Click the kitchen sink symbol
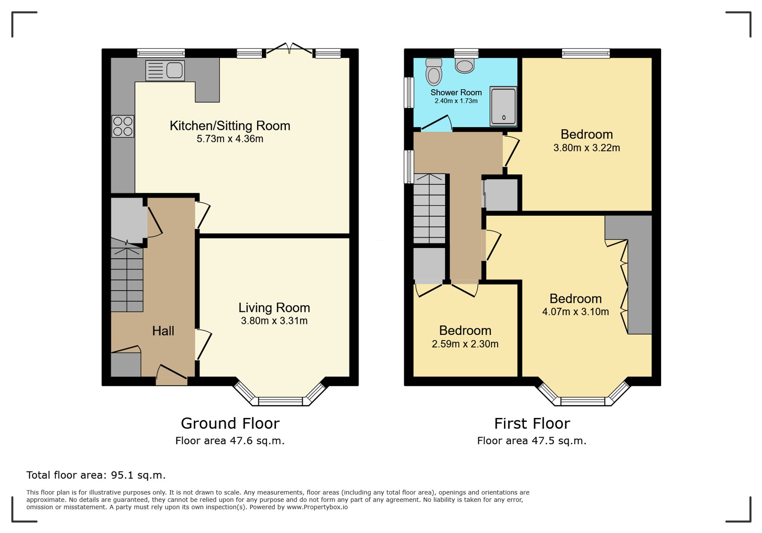pyautogui.click(x=165, y=70)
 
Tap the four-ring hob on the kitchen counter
pyautogui.click(x=123, y=126)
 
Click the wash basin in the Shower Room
pyautogui.click(x=464, y=66)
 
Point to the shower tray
pyautogui.click(x=503, y=106)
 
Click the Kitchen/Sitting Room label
pyautogui.click(x=230, y=126)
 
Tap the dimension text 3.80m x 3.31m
pyautogui.click(x=274, y=321)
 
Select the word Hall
pyautogui.click(x=163, y=331)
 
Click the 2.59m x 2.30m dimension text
pyautogui.click(x=465, y=344)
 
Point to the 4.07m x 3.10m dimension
pyautogui.click(x=575, y=312)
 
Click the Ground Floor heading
pyautogui.click(x=230, y=423)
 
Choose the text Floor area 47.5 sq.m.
pyautogui.click(x=531, y=441)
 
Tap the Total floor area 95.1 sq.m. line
pyautogui.click(x=96, y=475)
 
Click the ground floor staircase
pyautogui.click(x=127, y=280)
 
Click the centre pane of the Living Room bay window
pyautogui.click(x=280, y=401)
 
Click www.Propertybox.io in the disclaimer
pyautogui.click(x=317, y=507)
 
